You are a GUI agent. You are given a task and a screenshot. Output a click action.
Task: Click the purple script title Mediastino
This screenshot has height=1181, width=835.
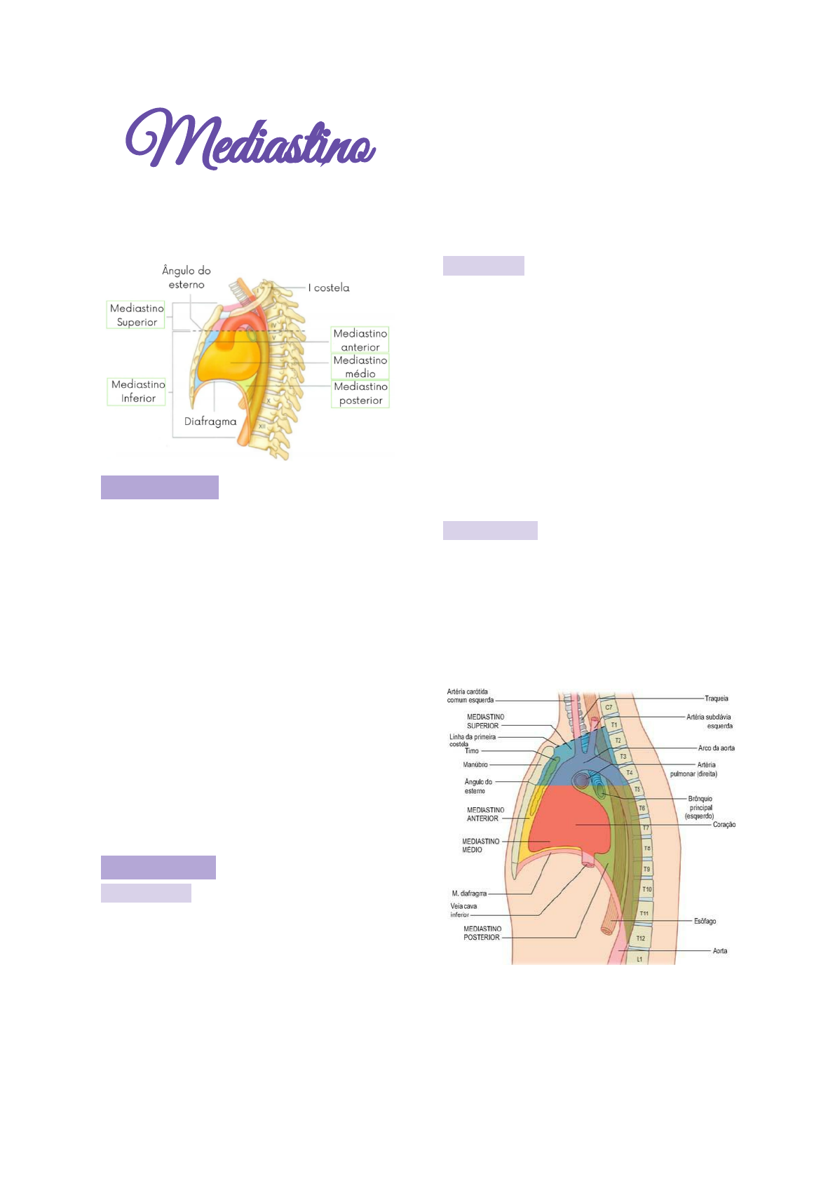250,140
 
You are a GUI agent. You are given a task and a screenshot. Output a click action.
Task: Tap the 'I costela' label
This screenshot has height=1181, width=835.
329,288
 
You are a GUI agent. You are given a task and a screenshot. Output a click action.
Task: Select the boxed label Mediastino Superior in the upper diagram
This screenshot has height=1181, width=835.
137,315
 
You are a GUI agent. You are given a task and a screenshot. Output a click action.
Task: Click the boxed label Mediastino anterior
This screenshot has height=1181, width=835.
360,340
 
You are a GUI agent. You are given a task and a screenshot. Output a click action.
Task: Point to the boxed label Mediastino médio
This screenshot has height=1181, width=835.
360,367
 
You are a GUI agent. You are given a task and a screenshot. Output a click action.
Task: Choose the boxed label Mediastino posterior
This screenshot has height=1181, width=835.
360,393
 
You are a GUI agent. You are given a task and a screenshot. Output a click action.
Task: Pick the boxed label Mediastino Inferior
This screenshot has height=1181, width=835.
138,391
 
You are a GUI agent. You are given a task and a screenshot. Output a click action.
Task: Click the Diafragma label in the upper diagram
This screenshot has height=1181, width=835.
210,421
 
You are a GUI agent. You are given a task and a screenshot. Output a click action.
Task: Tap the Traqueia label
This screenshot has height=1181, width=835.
717,699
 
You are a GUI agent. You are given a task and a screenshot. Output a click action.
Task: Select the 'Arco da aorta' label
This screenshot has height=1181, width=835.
717,748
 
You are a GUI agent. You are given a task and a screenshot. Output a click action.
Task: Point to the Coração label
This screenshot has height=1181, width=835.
724,825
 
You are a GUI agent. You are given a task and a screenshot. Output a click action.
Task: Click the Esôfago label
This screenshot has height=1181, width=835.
705,921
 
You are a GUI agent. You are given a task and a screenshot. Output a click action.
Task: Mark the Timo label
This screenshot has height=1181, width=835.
472,751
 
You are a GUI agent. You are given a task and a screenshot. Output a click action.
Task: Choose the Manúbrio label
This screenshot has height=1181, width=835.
475,764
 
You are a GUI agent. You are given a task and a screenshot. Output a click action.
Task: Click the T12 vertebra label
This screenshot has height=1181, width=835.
641,938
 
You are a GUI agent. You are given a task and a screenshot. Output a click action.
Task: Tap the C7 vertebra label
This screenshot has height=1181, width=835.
609,708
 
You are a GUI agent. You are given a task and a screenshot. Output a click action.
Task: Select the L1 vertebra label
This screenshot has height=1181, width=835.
639,959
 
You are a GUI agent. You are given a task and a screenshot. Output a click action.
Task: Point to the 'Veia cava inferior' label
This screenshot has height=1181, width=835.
463,910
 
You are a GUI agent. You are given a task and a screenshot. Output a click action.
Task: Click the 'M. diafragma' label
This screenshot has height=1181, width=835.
469,893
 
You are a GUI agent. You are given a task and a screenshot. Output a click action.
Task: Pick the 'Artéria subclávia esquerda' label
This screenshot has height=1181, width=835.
710,721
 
